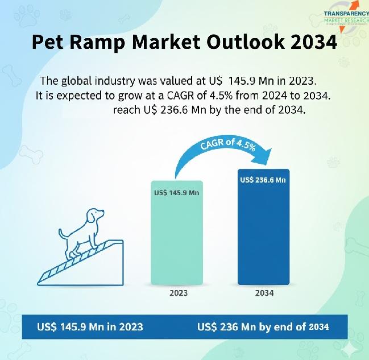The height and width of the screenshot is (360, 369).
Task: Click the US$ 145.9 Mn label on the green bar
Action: pyautogui.click(x=177, y=193)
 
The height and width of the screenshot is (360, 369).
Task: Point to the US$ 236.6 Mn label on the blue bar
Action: pyautogui.click(x=263, y=180)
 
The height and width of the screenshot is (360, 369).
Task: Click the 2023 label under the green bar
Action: pyautogui.click(x=179, y=293)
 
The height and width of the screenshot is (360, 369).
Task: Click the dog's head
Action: pyautogui.click(x=94, y=217)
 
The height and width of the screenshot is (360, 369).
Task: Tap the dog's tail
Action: pyautogui.click(x=61, y=233)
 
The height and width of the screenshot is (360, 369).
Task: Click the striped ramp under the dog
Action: pyautogui.click(x=80, y=262)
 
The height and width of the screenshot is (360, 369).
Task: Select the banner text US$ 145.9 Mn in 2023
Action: pyautogui.click(x=90, y=327)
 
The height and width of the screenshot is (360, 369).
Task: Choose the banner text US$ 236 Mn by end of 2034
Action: pyautogui.click(x=263, y=327)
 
